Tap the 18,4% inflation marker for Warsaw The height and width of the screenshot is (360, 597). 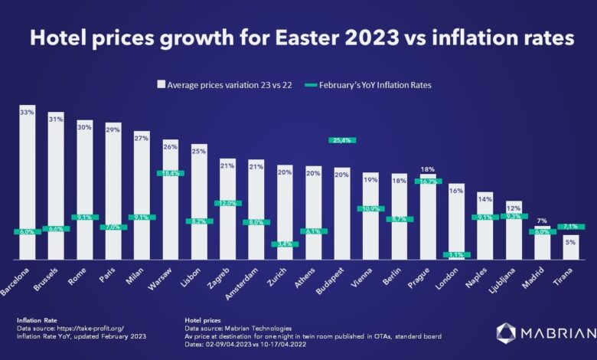coord(170,173)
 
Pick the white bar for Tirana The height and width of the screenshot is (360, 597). coord(570,249)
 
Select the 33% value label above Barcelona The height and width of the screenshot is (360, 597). coord(28,111)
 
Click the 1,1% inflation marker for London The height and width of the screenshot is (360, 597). coord(456,254)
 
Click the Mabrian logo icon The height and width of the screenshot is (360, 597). coord(507,332)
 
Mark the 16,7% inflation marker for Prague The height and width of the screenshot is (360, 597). coord(427,182)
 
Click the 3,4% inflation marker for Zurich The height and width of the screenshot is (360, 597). coord(284,244)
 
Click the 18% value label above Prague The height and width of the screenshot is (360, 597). coord(427,169)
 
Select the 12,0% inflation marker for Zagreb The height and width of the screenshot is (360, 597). coord(227,203)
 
